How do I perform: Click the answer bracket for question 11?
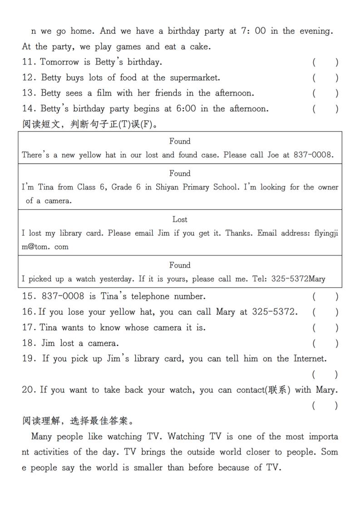coord(325,62)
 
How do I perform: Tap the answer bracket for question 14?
coord(325,109)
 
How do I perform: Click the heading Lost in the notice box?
coord(180,220)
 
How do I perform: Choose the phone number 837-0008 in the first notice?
coord(313,155)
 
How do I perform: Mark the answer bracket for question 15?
coord(325,297)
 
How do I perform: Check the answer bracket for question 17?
coord(325,328)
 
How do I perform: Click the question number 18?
coord(29,343)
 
